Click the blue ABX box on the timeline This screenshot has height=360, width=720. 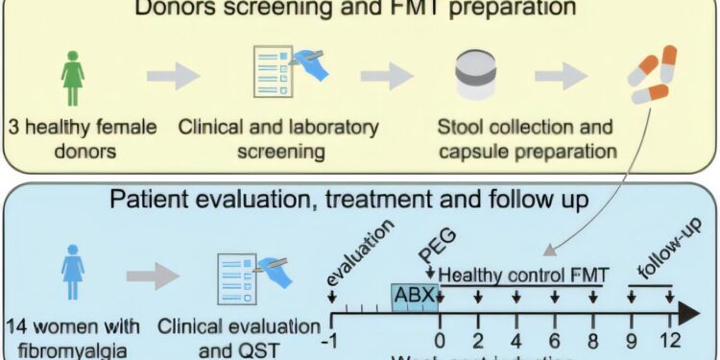click(x=414, y=296)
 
